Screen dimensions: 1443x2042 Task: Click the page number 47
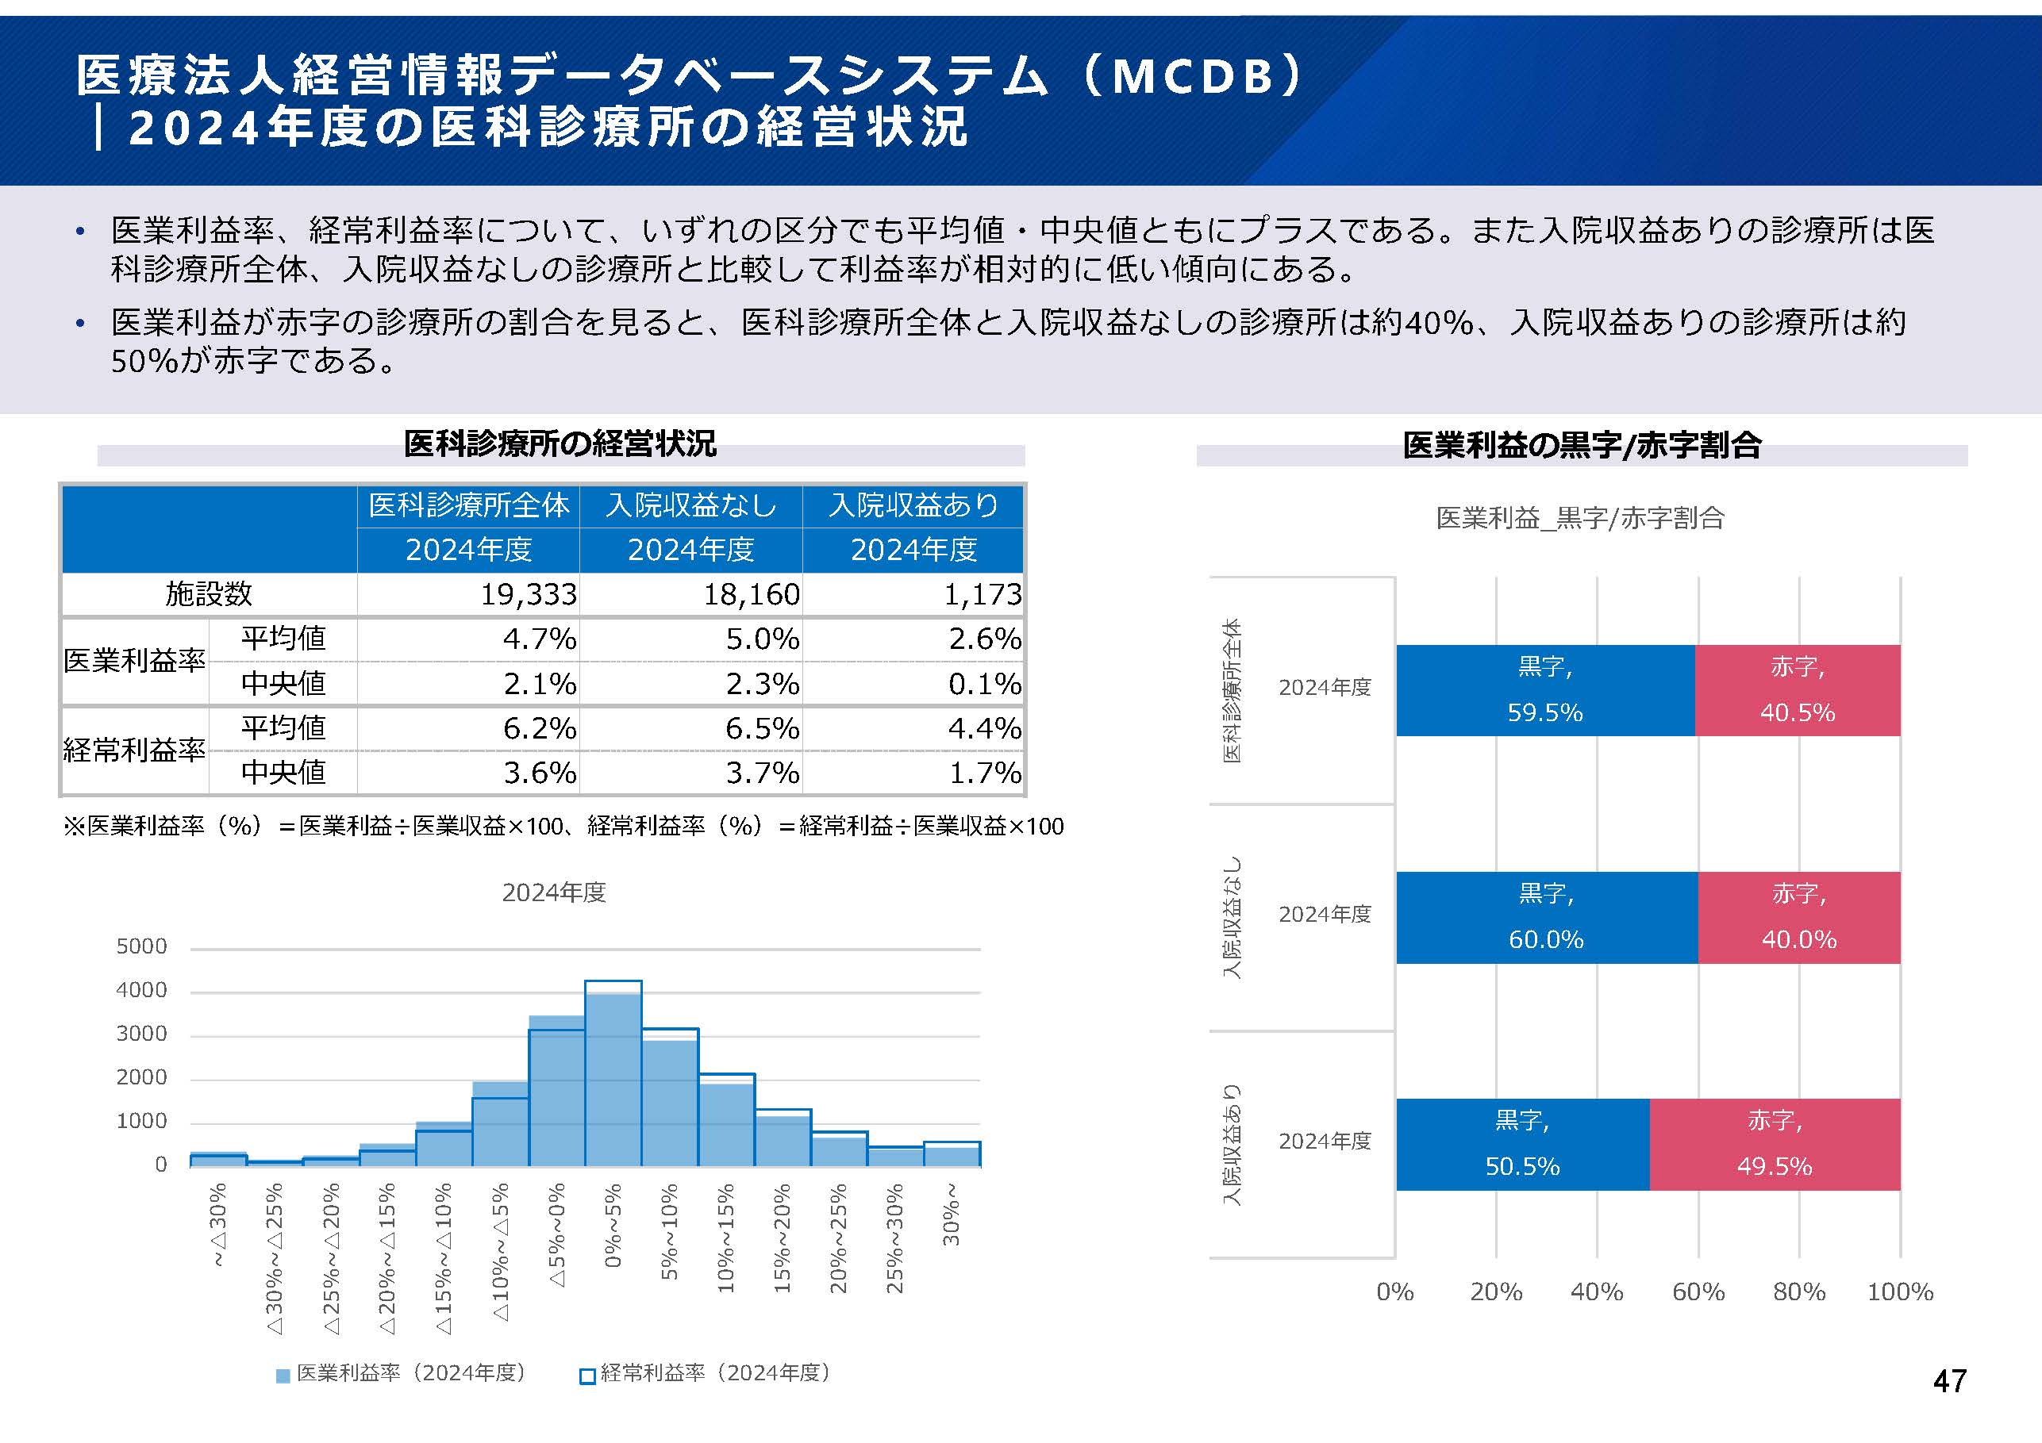1948,1381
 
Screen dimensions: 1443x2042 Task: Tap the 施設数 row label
209,594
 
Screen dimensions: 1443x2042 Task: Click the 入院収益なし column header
691,505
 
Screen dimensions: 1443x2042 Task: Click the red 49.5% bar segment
1775,1144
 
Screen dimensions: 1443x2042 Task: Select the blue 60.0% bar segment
1546,918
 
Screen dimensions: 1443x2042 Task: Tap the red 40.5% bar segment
1798,691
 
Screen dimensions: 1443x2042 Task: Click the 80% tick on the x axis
1798,1291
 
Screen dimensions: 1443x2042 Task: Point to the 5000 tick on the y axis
141,946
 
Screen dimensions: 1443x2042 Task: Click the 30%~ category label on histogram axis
951,1214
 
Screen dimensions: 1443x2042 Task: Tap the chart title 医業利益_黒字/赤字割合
1579,517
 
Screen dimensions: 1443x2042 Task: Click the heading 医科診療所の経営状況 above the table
560,443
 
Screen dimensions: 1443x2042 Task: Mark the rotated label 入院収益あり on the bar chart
1231,1144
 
